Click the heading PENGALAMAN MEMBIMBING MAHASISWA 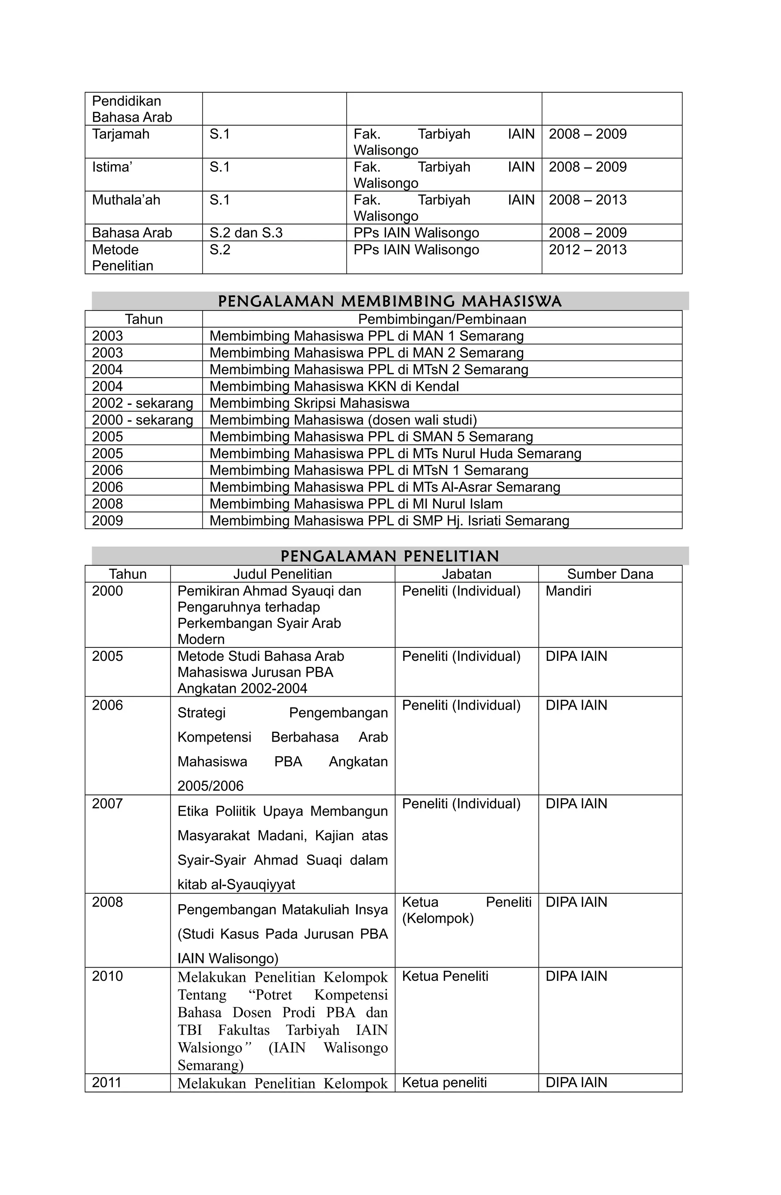point(389,301)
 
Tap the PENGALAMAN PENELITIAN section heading point(389,556)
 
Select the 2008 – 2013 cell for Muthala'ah point(587,200)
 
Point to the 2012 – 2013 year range point(587,250)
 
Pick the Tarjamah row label point(121,134)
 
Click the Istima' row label point(112,167)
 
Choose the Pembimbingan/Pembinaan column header point(442,319)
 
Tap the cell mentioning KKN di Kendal point(334,387)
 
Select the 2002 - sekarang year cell point(142,403)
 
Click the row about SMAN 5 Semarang point(371,437)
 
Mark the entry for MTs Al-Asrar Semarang point(384,487)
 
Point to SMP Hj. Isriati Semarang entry point(389,521)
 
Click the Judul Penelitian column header point(282,574)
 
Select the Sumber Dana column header point(610,574)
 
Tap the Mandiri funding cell point(568,591)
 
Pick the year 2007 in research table point(108,804)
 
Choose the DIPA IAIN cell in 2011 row point(576,1082)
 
